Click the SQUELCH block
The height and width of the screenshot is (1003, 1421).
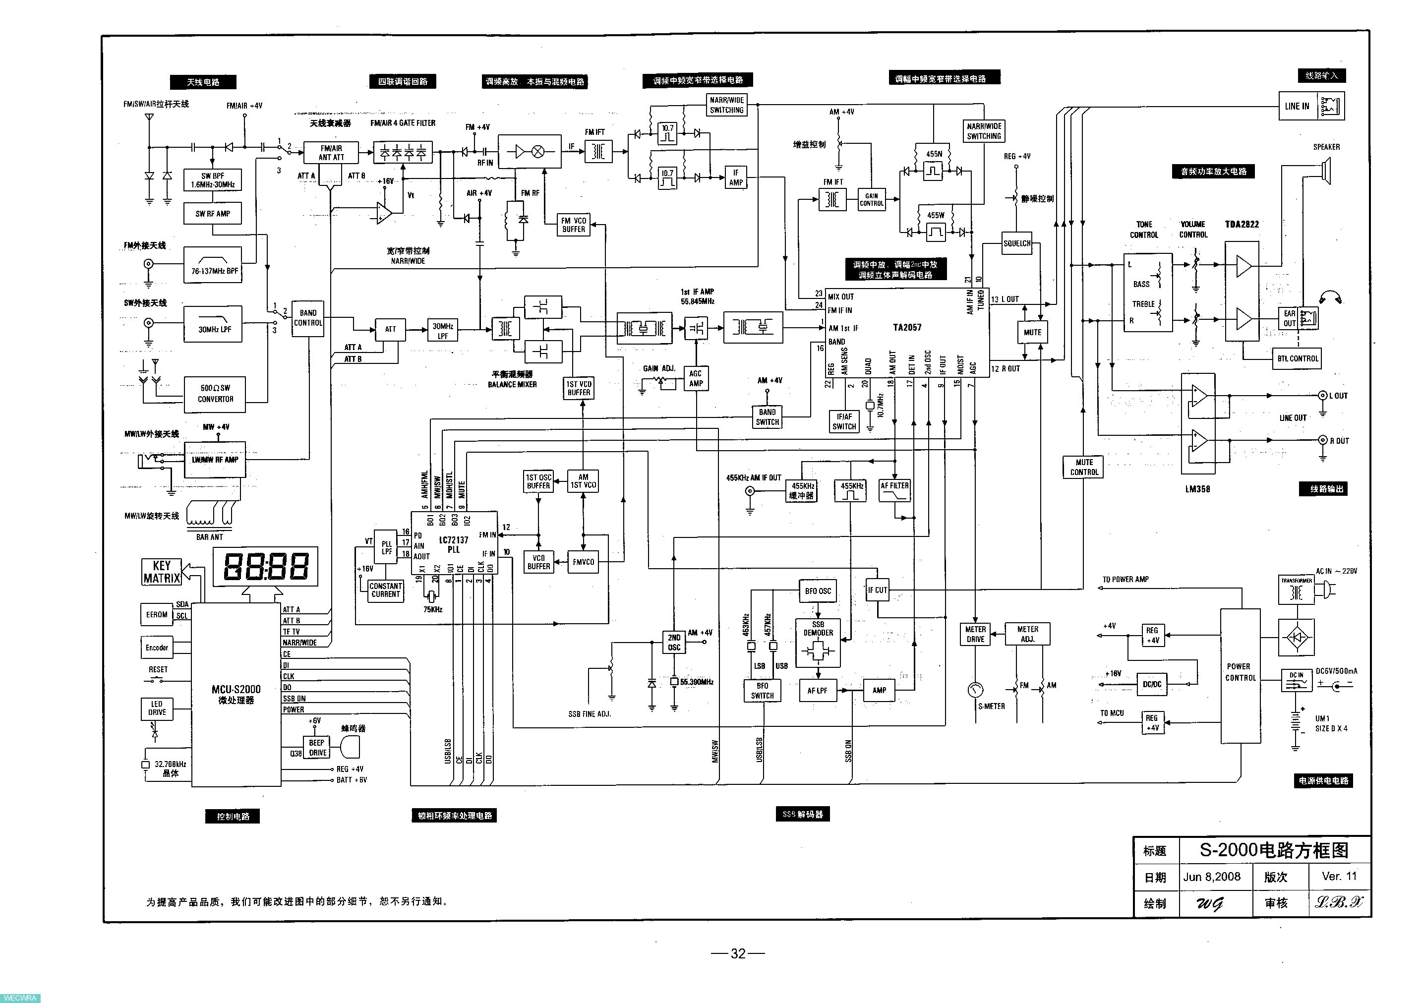point(1017,243)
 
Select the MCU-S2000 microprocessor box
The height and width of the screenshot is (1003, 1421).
point(236,694)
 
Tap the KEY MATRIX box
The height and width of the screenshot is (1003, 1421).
point(162,572)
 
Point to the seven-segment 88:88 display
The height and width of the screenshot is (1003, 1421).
point(266,566)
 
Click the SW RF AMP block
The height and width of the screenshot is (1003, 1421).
point(212,214)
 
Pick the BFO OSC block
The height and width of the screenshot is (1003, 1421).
point(818,591)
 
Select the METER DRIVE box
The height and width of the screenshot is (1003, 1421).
point(975,634)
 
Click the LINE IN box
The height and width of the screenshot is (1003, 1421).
point(1297,106)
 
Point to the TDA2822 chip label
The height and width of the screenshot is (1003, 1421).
point(1242,224)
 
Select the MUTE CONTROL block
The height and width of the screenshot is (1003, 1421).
point(1084,467)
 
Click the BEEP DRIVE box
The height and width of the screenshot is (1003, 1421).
point(317,748)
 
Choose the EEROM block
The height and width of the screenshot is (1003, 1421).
point(157,614)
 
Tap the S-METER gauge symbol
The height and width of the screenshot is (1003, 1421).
point(975,689)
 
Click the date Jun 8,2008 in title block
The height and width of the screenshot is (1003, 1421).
point(1212,877)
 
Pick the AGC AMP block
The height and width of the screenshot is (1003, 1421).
point(696,378)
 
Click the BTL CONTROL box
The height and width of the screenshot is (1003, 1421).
point(1298,358)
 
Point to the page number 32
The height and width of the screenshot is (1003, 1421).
point(738,953)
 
